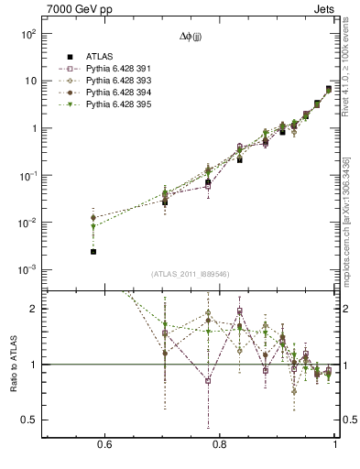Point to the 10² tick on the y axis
27,34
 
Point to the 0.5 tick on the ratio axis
28,420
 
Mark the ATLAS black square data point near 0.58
93,251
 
